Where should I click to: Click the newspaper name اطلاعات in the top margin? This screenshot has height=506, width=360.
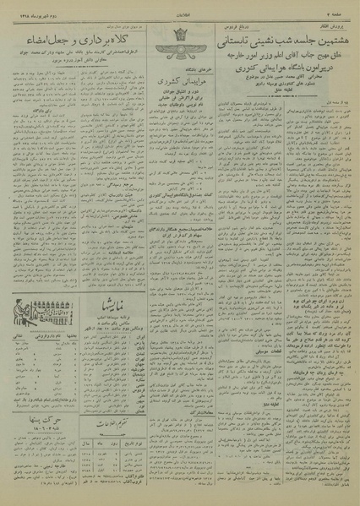(179, 8)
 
